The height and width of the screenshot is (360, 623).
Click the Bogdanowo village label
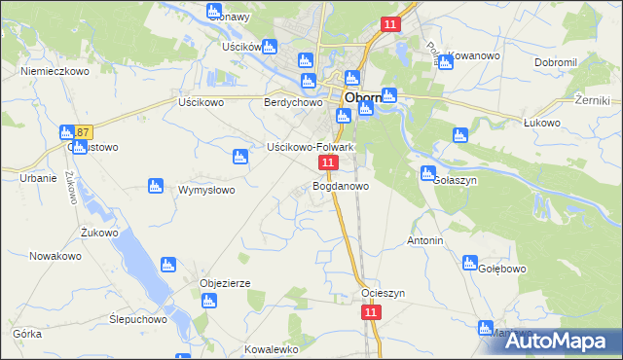pyautogui.click(x=340, y=185)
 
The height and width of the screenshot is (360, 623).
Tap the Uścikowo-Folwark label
pyautogui.click(x=310, y=147)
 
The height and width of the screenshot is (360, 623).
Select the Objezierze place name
pyautogui.click(x=225, y=283)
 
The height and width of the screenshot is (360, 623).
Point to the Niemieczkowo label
pyautogui.click(x=55, y=71)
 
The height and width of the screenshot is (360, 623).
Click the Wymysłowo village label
pyautogui.click(x=206, y=190)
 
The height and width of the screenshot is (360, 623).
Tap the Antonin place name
pyautogui.click(x=425, y=240)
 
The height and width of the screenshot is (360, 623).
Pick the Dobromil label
pyautogui.click(x=556, y=61)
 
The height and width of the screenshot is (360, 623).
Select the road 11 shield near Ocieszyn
pyautogui.click(x=370, y=311)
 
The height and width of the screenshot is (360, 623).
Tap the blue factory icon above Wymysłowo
pyautogui.click(x=238, y=157)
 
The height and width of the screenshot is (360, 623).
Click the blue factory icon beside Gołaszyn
pyautogui.click(x=427, y=173)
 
